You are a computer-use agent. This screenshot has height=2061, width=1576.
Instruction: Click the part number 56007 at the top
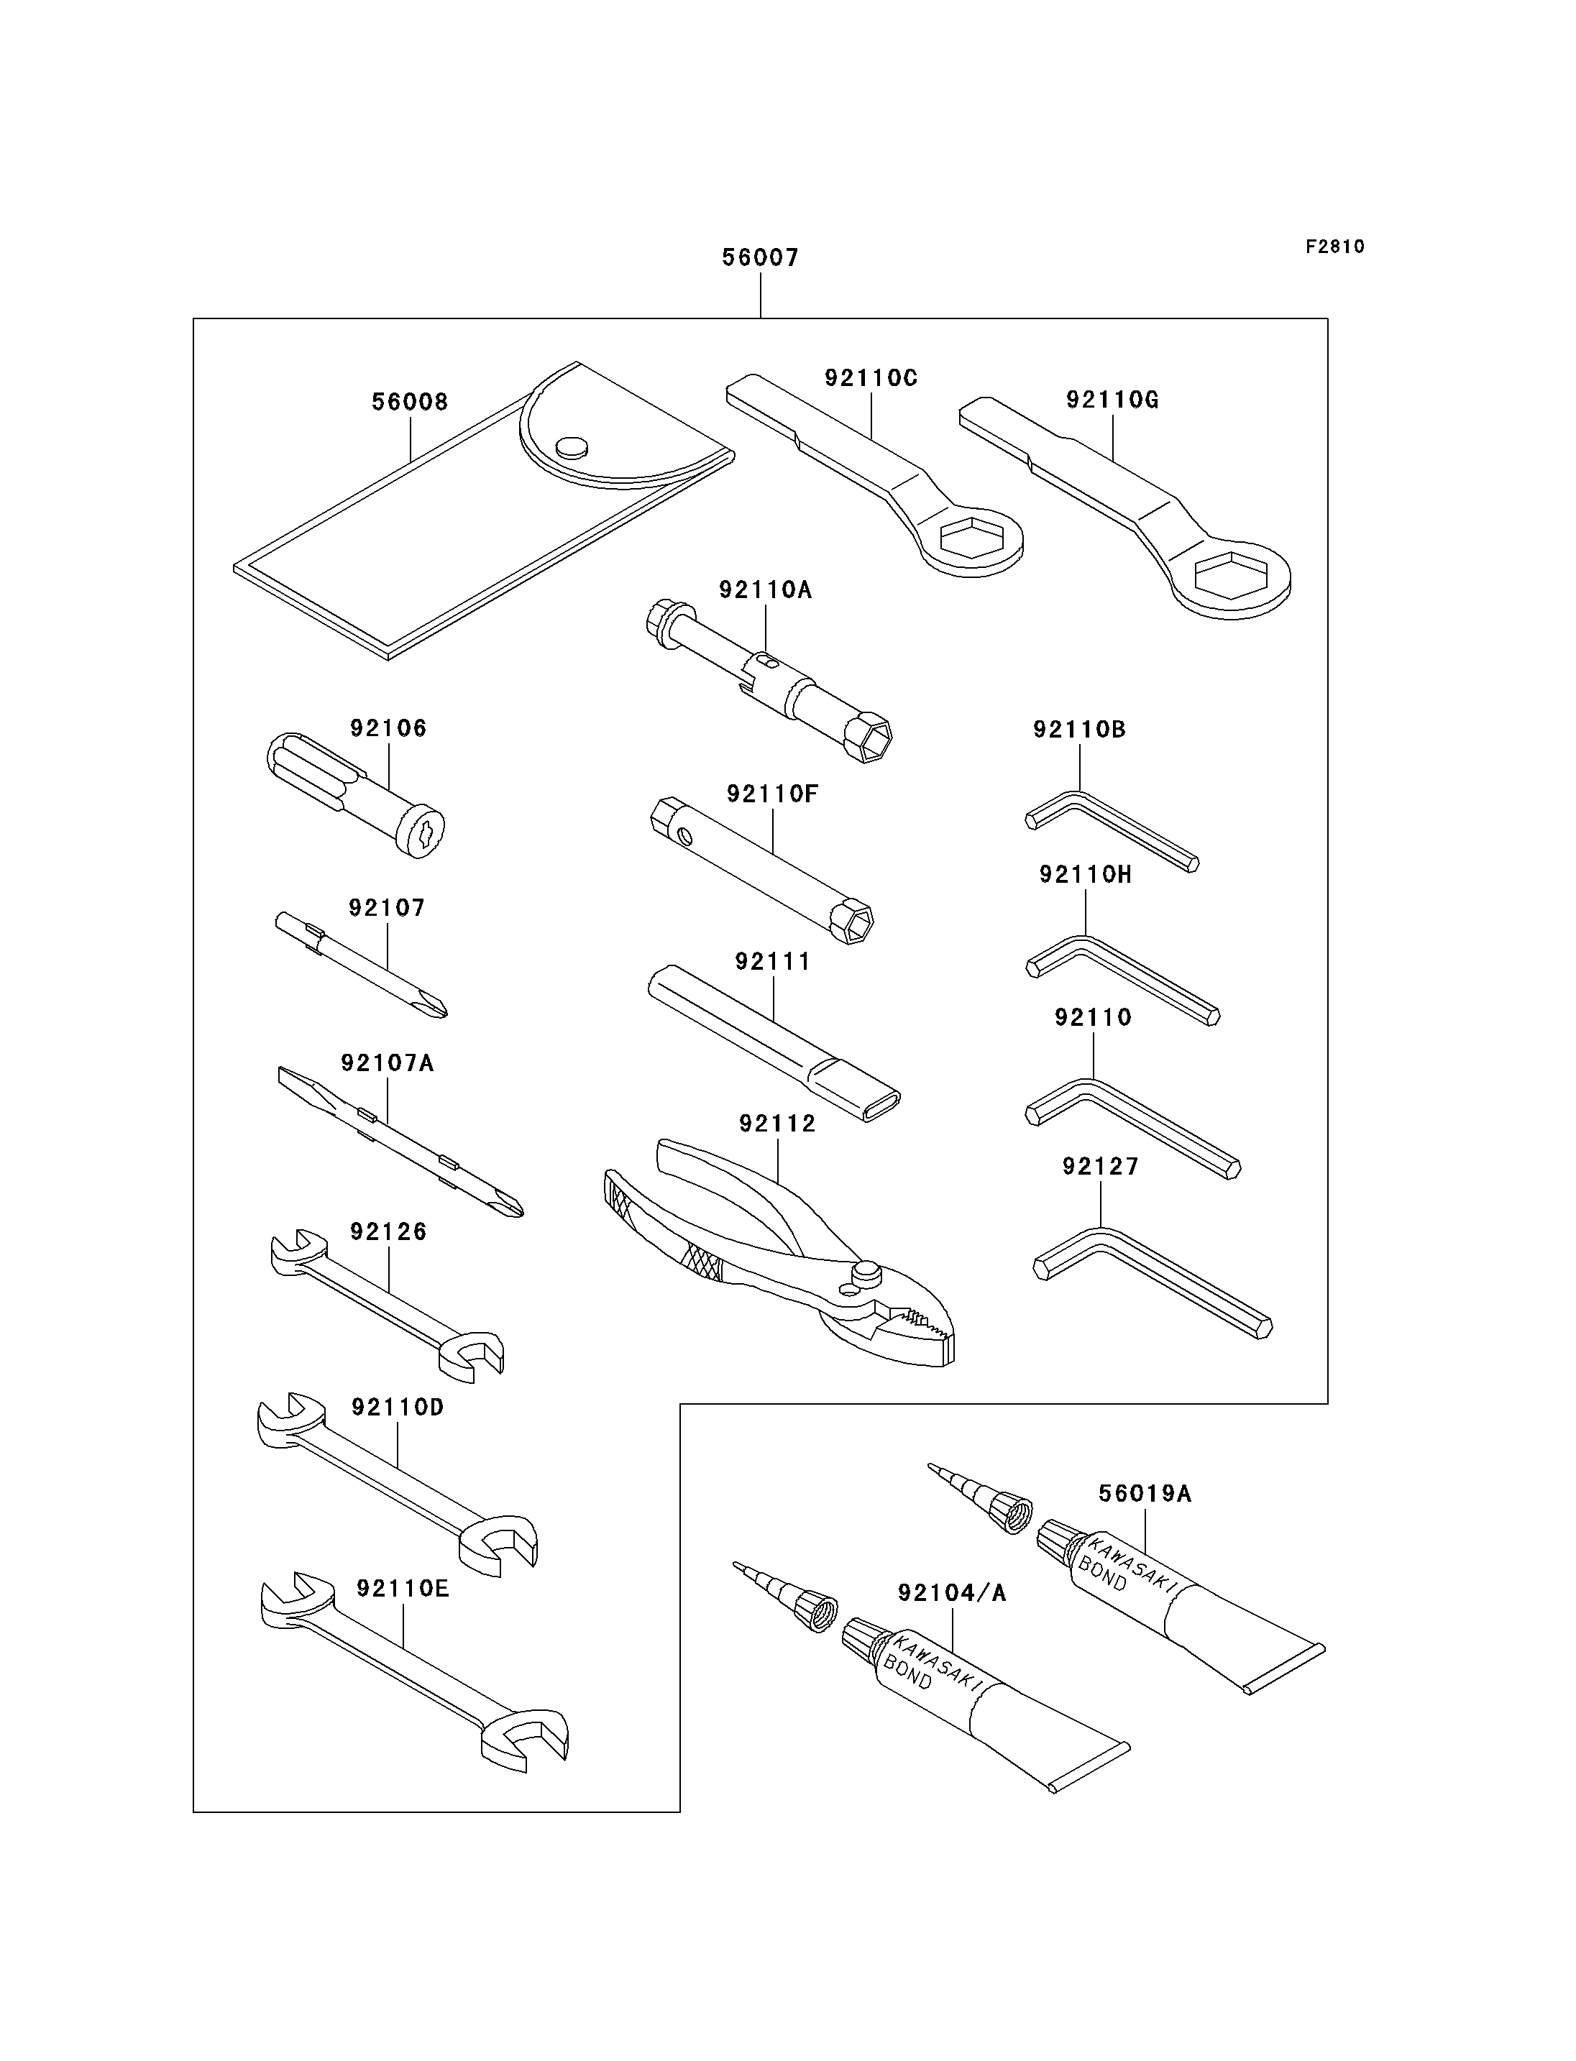pyautogui.click(x=760, y=257)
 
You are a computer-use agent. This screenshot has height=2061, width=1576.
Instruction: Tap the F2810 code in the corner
pyautogui.click(x=1335, y=247)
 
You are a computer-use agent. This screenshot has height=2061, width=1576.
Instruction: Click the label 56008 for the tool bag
pyautogui.click(x=410, y=402)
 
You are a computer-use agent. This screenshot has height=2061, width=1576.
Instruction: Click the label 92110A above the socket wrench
pyautogui.click(x=766, y=589)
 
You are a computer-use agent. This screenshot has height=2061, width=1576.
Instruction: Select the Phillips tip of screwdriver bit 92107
pyautogui.click(x=434, y=1006)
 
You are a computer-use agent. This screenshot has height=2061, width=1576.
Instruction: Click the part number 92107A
pyautogui.click(x=388, y=1063)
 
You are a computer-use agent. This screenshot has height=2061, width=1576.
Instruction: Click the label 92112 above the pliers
pyautogui.click(x=778, y=1123)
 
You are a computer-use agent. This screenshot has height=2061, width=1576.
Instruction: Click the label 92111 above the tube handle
pyautogui.click(x=773, y=962)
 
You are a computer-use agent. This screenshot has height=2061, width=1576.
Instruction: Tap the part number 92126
pyautogui.click(x=388, y=1231)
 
